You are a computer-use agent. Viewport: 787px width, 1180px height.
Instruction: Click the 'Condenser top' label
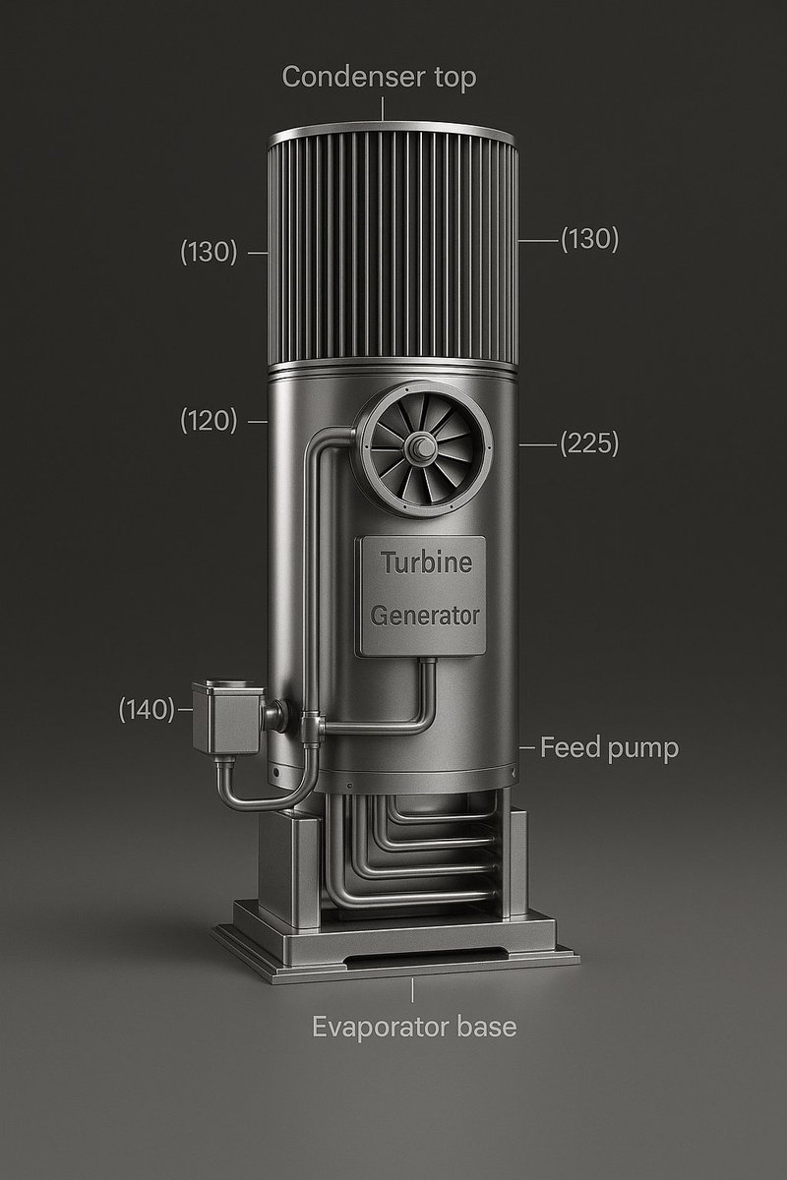(x=379, y=77)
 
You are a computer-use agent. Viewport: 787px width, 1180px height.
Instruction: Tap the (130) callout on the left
(x=209, y=253)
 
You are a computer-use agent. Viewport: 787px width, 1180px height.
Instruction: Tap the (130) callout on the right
(x=589, y=239)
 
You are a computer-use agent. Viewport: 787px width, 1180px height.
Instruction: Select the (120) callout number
(x=209, y=421)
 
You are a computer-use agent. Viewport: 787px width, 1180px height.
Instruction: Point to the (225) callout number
(x=589, y=444)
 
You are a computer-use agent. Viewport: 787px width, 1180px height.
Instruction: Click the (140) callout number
(x=147, y=709)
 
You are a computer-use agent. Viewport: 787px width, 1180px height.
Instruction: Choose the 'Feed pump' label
(x=609, y=748)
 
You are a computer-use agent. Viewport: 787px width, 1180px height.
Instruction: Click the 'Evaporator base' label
(x=414, y=1027)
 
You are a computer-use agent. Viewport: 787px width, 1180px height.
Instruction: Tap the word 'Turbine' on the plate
(x=426, y=563)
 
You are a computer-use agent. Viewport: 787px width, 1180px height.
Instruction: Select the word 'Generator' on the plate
(x=425, y=617)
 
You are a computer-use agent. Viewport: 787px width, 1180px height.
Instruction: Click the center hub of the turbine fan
(x=423, y=448)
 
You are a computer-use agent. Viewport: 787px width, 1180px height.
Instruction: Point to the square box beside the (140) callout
(x=227, y=720)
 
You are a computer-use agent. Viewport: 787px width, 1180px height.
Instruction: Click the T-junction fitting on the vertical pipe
(x=313, y=729)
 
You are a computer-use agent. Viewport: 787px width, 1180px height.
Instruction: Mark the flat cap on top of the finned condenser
(x=392, y=135)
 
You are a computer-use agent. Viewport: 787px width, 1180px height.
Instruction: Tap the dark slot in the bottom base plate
(x=423, y=956)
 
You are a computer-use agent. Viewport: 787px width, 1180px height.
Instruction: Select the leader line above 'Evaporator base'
(x=413, y=991)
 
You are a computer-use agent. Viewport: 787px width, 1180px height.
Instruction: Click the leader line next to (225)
(x=536, y=445)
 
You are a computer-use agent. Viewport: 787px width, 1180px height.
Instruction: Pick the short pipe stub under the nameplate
(x=428, y=678)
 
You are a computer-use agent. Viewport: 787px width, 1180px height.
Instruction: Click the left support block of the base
(x=287, y=875)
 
